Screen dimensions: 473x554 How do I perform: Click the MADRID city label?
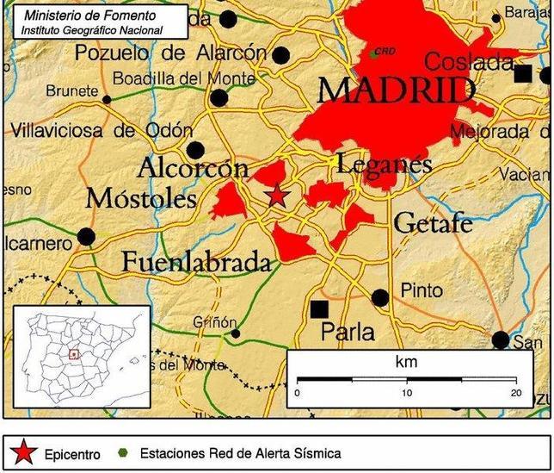point(397,90)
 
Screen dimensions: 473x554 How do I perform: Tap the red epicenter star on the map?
point(276,196)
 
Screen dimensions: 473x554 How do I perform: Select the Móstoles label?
point(141,199)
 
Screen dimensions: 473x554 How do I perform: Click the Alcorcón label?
point(193,166)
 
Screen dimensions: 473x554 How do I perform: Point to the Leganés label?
point(384,162)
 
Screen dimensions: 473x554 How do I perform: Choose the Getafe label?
point(433,223)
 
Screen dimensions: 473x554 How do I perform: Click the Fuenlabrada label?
point(197,261)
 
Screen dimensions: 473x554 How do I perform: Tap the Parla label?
point(348,331)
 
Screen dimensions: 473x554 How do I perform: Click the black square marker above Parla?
point(320,308)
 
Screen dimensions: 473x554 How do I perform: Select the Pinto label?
point(422,290)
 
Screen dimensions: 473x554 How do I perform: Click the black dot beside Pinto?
point(380,298)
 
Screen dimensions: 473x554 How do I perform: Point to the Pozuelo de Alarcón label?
point(170,53)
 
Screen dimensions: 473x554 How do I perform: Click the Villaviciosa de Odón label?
point(102,131)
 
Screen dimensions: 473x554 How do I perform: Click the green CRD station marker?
point(373,54)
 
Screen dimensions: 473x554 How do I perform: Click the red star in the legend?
point(24,451)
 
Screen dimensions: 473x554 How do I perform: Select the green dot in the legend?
point(123,452)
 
